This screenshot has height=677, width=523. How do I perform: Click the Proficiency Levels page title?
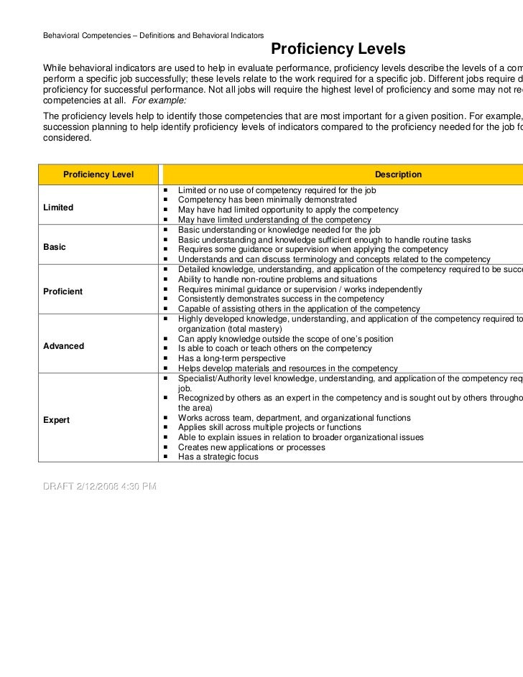[x=338, y=50]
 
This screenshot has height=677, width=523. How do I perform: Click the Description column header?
[x=398, y=174]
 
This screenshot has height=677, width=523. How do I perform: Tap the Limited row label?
[x=58, y=207]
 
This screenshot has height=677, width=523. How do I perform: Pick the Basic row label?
[x=55, y=247]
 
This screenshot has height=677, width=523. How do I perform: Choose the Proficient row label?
[x=63, y=291]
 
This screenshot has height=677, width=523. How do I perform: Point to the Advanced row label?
[x=64, y=346]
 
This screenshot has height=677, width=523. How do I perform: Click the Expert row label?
[x=57, y=420]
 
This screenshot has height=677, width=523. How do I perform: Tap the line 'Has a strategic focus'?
[x=218, y=457]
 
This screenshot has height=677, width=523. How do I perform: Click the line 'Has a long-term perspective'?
[x=231, y=358]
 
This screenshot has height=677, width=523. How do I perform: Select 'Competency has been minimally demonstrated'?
[x=267, y=200]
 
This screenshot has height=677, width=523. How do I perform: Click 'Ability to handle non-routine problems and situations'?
[x=277, y=279]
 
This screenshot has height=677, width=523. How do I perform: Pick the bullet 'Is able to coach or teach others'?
[x=274, y=348]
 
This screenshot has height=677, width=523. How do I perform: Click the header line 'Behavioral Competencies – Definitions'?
[x=153, y=35]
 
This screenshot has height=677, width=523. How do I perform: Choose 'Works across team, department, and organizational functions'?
[x=295, y=418]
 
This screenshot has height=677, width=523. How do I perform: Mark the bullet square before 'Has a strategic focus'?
[x=166, y=457]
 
